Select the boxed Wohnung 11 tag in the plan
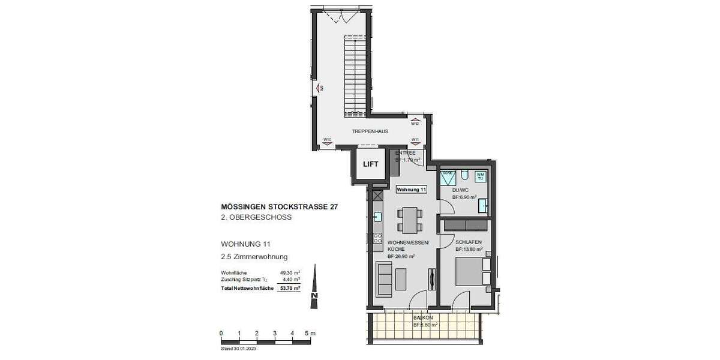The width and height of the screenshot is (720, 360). click(x=412, y=190)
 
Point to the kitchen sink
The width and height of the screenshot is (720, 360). click(x=377, y=217)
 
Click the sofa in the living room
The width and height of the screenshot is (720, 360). click(x=383, y=280)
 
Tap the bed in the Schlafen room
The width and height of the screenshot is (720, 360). click(x=470, y=272)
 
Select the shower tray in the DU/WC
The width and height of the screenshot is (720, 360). click(x=447, y=177)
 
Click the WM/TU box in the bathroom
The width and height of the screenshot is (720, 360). click(x=481, y=176)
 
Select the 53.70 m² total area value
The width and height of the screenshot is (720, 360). click(x=290, y=289)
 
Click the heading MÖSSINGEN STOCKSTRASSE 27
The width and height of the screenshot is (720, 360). click(x=280, y=207)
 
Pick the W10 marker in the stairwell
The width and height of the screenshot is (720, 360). click(x=328, y=141)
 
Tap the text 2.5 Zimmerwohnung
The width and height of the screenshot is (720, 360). click(x=254, y=257)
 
